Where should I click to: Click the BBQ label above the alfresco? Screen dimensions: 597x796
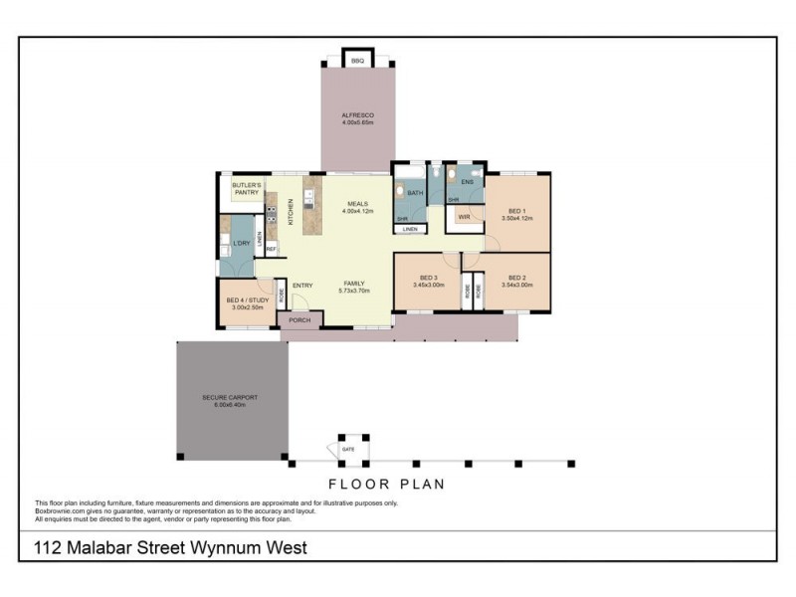(357, 62)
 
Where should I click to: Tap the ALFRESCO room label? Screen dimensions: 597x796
(357, 115)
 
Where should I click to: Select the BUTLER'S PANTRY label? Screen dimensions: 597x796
(246, 188)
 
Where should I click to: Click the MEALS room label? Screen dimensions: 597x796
(357, 204)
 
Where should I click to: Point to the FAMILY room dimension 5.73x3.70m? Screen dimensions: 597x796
(354, 291)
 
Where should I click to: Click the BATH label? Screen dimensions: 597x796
(415, 193)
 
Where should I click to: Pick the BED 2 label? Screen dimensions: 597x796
(515, 278)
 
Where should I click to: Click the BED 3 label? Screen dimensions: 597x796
(428, 278)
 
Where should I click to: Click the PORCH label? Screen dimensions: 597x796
(299, 320)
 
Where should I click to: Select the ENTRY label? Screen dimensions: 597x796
(302, 286)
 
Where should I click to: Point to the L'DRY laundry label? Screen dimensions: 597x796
(240, 243)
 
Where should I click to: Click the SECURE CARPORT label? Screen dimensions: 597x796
(230, 398)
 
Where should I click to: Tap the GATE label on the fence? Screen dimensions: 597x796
(347, 449)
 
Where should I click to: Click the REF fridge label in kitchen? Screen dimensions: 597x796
(270, 250)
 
